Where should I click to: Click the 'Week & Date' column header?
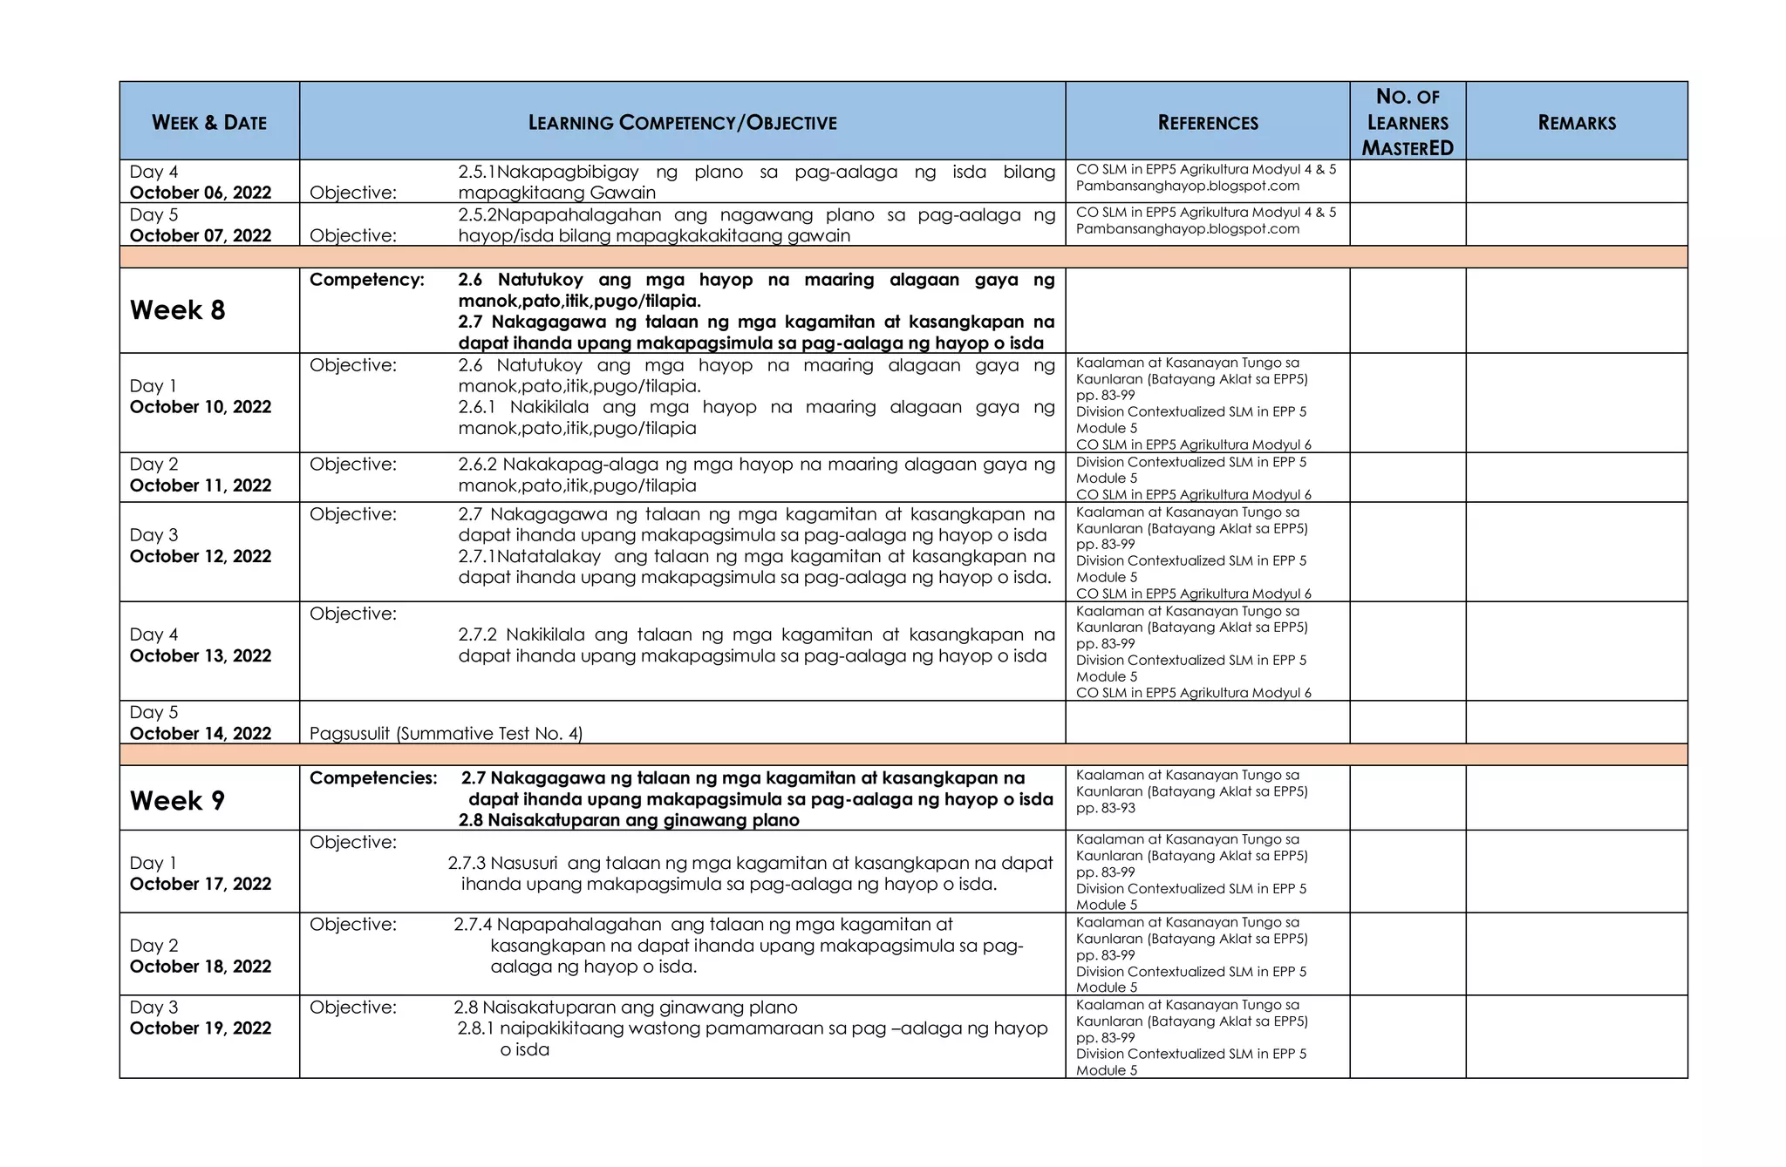point(209,123)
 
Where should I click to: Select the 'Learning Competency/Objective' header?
point(682,123)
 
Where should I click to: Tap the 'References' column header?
point(1208,123)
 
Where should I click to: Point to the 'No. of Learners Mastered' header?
point(1408,123)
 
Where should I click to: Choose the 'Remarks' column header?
point(1577,123)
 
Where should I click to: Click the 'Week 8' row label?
point(178,310)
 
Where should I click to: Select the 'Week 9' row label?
point(178,801)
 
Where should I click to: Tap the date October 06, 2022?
point(201,193)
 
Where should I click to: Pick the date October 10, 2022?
point(201,407)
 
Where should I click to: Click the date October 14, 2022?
point(201,734)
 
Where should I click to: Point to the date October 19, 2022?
point(201,1028)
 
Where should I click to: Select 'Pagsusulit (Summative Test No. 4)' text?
point(446,734)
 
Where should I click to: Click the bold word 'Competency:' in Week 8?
point(367,280)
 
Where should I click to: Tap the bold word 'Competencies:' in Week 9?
point(373,778)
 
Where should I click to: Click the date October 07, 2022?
point(201,235)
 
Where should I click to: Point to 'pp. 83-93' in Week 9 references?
point(1106,808)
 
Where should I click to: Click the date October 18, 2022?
point(201,967)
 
